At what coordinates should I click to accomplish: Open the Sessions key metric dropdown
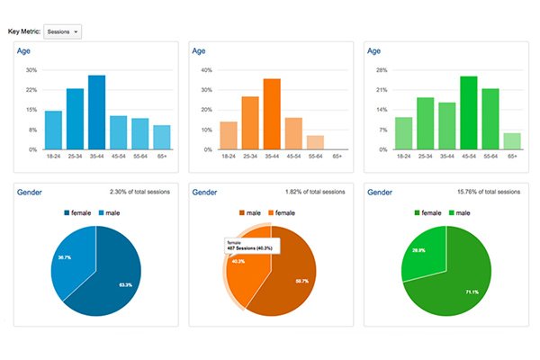coord(62,31)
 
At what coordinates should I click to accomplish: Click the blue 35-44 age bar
coord(96,112)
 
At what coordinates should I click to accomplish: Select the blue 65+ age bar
coord(161,137)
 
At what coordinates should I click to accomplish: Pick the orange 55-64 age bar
coord(315,142)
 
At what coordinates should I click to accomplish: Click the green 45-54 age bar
coord(469,112)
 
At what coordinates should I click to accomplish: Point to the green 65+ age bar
coord(512,140)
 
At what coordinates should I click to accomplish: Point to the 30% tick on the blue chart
coord(31,70)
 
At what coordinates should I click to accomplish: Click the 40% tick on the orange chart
coord(207,70)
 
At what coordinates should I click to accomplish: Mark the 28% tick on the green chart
coord(382,70)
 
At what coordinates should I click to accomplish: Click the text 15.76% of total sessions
coord(485,192)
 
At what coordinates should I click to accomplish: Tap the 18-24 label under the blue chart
coord(53,157)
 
